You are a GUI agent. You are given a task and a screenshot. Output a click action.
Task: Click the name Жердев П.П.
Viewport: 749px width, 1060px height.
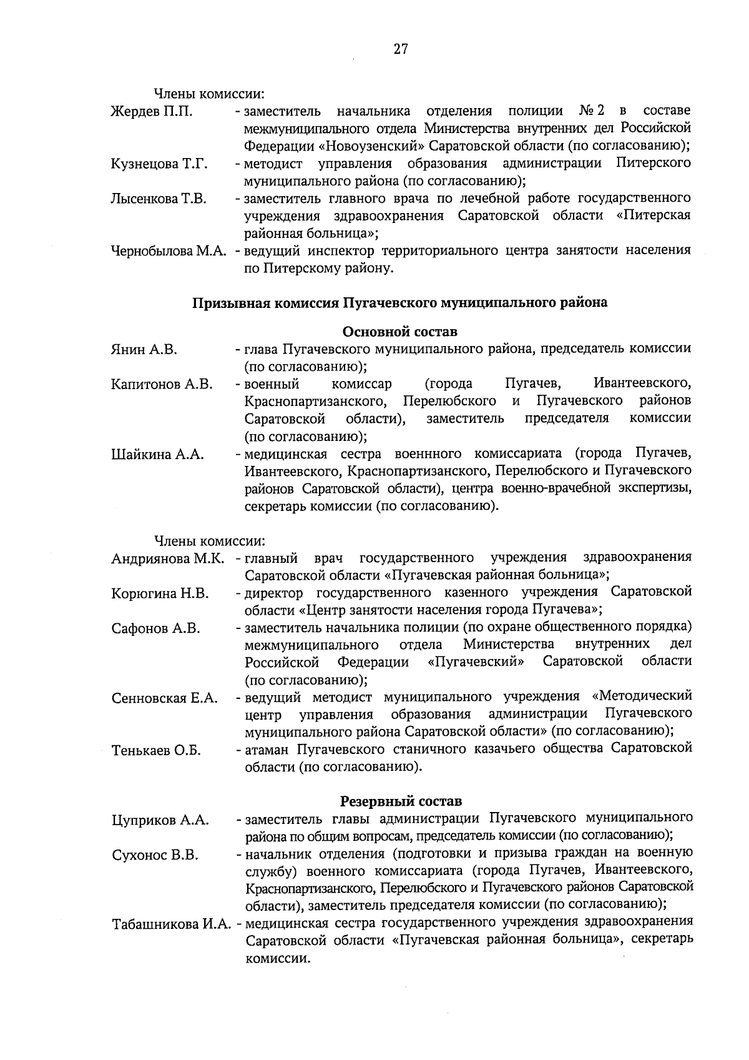[x=151, y=112]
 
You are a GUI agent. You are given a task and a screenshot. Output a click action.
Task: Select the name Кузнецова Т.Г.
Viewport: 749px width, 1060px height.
[x=159, y=164]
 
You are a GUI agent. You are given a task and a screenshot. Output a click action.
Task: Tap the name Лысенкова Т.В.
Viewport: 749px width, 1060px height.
[x=159, y=199]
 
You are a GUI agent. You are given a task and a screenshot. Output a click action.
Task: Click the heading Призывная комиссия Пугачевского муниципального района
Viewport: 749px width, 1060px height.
[x=399, y=303]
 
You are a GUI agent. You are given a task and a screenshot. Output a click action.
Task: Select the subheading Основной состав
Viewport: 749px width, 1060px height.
[x=399, y=330]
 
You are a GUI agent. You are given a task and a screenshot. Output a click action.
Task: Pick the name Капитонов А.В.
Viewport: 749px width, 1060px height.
[x=162, y=384]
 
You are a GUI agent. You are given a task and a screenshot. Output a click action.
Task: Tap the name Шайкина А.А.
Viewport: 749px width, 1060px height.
[x=157, y=455]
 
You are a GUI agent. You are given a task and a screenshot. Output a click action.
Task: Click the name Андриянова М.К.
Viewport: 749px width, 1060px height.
[x=167, y=558]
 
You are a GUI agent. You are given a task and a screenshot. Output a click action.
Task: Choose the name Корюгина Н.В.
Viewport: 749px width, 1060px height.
[x=160, y=593]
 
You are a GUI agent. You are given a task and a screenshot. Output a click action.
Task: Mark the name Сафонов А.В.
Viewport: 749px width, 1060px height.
[x=155, y=628]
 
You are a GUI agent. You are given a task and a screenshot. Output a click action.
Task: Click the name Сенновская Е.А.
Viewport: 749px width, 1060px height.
[x=164, y=698]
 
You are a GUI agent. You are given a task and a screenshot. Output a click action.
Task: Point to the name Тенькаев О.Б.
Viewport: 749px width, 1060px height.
[x=156, y=751]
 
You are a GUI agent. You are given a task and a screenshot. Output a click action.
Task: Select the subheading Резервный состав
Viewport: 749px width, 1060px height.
[x=400, y=801]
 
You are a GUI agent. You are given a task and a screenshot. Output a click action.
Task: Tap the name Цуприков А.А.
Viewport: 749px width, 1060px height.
[x=160, y=820]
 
